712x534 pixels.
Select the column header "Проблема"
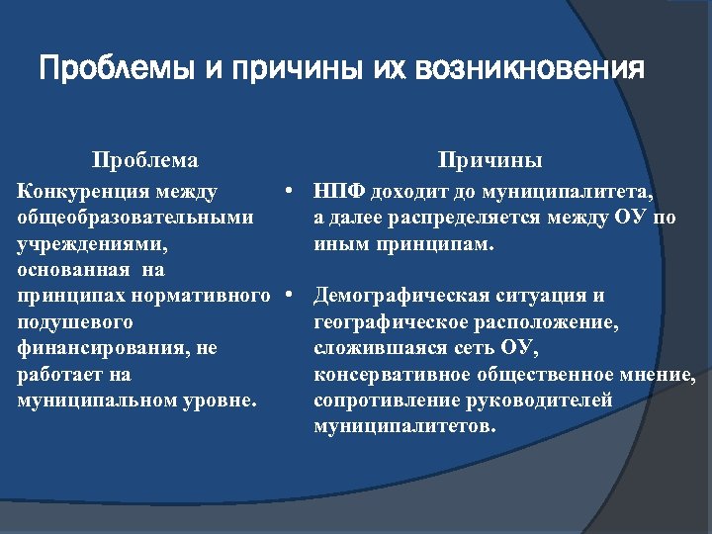point(145,160)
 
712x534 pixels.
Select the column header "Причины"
point(490,160)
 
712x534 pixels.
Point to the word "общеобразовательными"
point(135,217)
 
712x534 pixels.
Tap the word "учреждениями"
point(92,243)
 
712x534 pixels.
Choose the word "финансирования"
point(105,349)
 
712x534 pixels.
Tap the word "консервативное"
point(393,375)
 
